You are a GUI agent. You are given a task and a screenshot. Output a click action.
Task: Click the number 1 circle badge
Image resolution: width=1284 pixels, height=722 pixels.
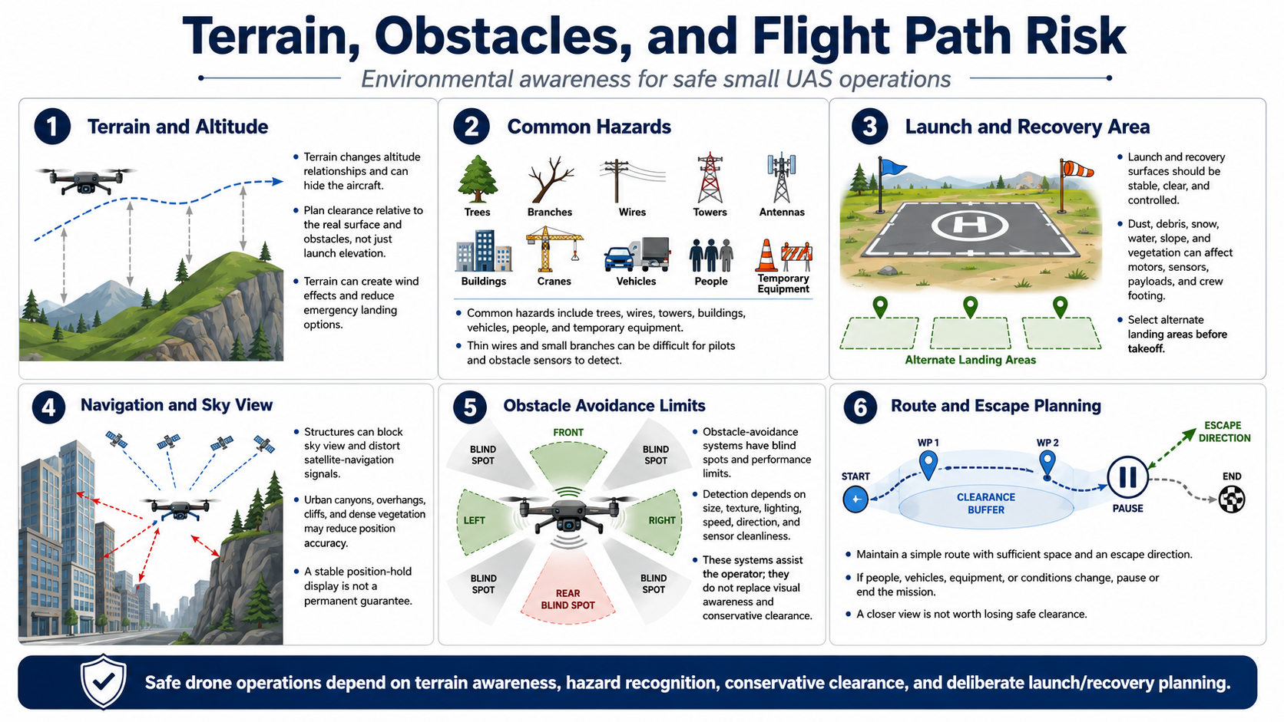pyautogui.click(x=52, y=127)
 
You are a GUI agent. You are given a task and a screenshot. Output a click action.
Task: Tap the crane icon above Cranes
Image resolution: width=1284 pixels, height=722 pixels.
pyautogui.click(x=554, y=249)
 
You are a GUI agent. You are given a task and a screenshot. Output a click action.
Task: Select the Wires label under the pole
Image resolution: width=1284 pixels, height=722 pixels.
pyautogui.click(x=632, y=212)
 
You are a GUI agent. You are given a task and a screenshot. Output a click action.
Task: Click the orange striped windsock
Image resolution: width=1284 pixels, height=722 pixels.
pyautogui.click(x=1077, y=168)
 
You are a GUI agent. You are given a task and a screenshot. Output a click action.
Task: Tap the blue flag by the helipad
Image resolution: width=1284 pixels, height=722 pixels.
pyautogui.click(x=893, y=166)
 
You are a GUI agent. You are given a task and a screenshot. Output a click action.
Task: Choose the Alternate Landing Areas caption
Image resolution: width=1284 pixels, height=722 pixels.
pyautogui.click(x=971, y=360)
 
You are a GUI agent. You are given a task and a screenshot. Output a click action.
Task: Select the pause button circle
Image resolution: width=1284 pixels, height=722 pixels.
pyautogui.click(x=1127, y=477)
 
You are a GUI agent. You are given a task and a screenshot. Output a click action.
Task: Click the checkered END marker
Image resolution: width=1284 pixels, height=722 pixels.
pyautogui.click(x=1231, y=499)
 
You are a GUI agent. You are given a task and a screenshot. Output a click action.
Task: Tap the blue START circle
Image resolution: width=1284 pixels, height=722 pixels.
pyautogui.click(x=855, y=499)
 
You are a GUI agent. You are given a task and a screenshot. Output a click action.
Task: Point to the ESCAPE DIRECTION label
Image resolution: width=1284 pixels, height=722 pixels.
pyautogui.click(x=1224, y=432)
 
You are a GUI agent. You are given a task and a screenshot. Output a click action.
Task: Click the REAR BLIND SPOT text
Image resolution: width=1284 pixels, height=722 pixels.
pyautogui.click(x=568, y=599)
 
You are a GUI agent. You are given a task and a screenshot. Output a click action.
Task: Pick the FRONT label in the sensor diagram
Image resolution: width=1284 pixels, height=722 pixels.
pyautogui.click(x=568, y=432)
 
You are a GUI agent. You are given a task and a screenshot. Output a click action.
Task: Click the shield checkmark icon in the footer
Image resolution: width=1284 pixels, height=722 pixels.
pyautogui.click(x=103, y=681)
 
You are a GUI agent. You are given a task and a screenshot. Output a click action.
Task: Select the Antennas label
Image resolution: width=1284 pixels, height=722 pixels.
pyautogui.click(x=782, y=212)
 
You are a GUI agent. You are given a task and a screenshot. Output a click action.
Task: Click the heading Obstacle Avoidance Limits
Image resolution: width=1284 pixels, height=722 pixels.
pyautogui.click(x=604, y=405)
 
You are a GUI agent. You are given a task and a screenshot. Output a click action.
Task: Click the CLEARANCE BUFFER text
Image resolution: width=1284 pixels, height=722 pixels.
pyautogui.click(x=986, y=503)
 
